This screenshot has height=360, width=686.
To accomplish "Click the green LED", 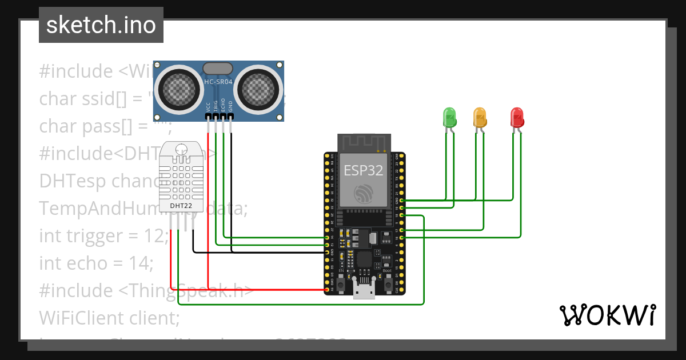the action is point(449,117).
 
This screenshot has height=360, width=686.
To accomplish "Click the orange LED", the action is point(480,117).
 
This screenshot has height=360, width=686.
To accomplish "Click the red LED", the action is point(517,117).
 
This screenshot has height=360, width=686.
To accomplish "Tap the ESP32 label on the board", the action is point(363,170).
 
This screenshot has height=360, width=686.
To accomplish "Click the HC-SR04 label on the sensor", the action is point(218,82).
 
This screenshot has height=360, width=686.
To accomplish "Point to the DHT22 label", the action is point(181,205).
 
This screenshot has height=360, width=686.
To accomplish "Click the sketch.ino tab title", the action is point(101,25).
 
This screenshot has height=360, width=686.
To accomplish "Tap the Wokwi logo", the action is point(607,315).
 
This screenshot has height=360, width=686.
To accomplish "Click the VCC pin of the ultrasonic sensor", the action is point(208,117).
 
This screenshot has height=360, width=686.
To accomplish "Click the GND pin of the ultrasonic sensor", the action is point(231,117).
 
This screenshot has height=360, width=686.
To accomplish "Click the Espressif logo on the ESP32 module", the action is point(363,194).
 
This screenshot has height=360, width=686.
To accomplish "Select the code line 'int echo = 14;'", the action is point(96,263).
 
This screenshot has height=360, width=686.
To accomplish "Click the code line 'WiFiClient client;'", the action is point(109,317).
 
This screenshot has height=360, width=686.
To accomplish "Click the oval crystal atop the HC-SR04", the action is point(218,69).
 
